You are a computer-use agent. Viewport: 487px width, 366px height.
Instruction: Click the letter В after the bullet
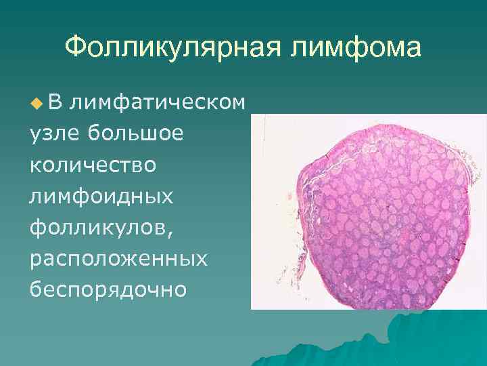pos(56,102)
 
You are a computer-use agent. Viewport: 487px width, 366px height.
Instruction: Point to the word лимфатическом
pos(157,102)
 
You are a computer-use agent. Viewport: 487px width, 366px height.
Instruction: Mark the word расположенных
pos(118,259)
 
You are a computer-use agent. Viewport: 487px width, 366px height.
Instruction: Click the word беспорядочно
pos(108,290)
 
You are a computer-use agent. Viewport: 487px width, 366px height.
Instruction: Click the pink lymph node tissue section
pos(383,217)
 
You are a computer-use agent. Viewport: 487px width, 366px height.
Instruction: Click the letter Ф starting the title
pos(74,48)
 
